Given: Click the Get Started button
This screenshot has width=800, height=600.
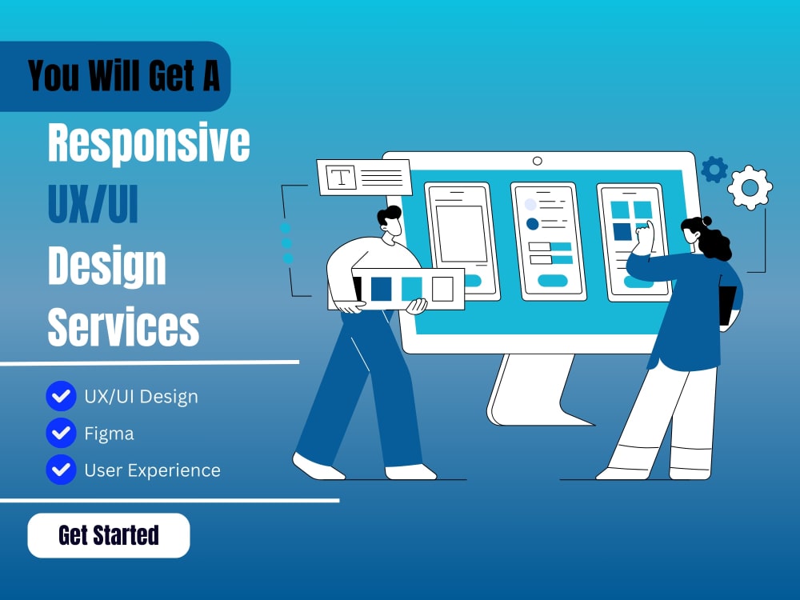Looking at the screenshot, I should click(x=108, y=535).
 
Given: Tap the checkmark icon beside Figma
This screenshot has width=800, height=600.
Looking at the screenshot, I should click(x=61, y=434).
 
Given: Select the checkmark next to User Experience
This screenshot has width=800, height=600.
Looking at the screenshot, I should click(x=61, y=470).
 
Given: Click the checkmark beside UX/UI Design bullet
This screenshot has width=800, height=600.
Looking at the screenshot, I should click(x=61, y=395).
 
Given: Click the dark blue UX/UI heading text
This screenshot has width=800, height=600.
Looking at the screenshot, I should click(x=93, y=204).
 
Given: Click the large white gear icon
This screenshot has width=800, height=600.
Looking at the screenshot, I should click(x=750, y=187).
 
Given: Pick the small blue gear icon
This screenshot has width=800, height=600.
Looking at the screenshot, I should click(x=714, y=169).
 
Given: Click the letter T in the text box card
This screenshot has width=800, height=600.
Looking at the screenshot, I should click(x=342, y=178).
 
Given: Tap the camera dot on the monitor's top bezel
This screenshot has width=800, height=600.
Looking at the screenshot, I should click(x=538, y=161).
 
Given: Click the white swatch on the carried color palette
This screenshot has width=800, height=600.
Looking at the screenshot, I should click(x=442, y=288).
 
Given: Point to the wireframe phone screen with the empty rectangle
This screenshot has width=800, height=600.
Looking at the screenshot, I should click(x=460, y=234).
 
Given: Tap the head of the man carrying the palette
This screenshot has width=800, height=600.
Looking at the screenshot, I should click(x=390, y=222).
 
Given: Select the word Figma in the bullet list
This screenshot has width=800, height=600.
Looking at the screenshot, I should click(x=109, y=434).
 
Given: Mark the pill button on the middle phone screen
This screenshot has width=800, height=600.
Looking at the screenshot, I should click(x=553, y=280).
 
